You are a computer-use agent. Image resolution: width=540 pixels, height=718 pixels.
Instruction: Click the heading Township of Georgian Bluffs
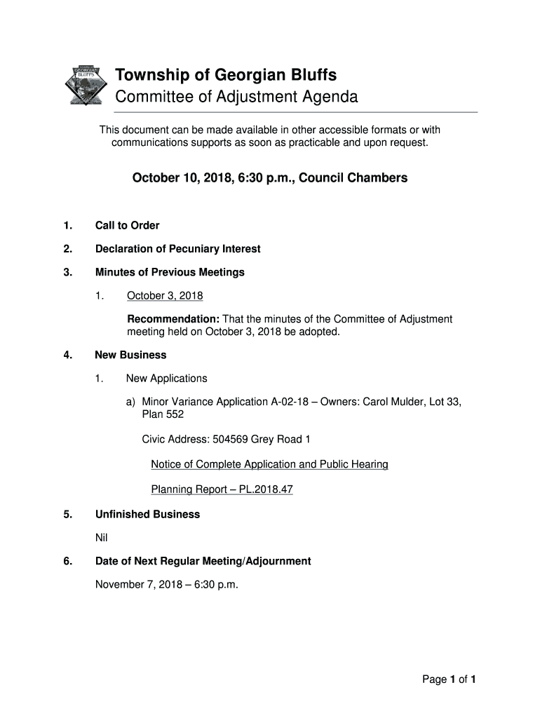tap(226, 75)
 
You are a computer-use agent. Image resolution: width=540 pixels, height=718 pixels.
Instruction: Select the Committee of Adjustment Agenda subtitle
tap(236, 97)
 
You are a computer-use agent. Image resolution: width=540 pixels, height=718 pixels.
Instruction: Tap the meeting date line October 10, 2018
tap(269, 178)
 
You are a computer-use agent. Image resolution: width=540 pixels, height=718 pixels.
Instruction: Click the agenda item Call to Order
tap(127, 225)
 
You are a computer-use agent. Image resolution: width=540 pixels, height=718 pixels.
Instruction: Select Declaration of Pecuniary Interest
tap(177, 249)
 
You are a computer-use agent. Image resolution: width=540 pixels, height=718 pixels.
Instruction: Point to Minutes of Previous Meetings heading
tap(170, 272)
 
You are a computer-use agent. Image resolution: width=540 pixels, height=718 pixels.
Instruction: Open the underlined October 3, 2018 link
tap(165, 296)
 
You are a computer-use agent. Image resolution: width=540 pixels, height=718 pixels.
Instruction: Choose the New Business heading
tap(130, 355)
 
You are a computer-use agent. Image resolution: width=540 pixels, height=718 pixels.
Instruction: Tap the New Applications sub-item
tap(167, 379)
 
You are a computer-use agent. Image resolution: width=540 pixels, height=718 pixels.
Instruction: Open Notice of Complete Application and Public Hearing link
tap(269, 464)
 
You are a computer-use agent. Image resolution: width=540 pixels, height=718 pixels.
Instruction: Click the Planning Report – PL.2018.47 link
tap(222, 489)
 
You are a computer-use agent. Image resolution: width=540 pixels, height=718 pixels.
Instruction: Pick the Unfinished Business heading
tap(147, 514)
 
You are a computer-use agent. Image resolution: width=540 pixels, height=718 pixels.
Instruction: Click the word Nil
tap(102, 538)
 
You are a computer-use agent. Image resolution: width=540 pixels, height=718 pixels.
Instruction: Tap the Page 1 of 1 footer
tap(449, 679)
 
